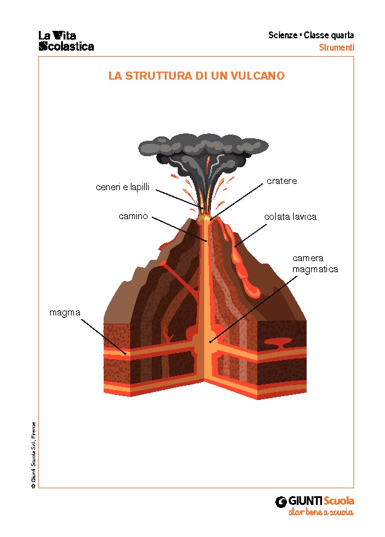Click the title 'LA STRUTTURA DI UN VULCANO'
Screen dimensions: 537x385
196,76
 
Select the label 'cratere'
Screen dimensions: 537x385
282,181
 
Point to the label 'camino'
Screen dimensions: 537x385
133,216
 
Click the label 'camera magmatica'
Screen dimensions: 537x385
315,264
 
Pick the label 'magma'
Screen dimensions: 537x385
65,312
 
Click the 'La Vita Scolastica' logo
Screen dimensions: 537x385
66,41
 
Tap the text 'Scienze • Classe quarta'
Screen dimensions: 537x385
311,35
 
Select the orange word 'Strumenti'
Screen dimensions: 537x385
336,48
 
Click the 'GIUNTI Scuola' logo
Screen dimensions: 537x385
315,501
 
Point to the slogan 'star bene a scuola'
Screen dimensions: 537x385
321,513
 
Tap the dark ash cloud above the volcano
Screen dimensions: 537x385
204,148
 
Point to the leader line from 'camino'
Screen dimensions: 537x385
179,229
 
